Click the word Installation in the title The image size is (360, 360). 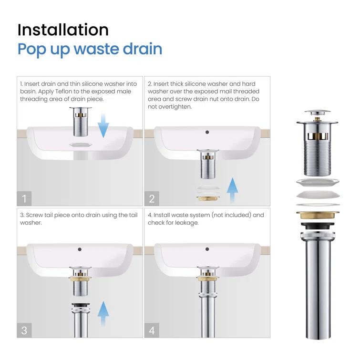click(x=63, y=30)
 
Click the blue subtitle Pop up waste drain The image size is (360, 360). click(x=90, y=49)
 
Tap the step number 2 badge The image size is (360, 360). click(x=152, y=198)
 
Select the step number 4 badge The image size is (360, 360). click(x=152, y=329)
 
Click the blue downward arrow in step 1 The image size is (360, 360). click(x=103, y=123)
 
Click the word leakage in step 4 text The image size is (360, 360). click(x=185, y=223)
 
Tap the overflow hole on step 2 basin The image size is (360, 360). click(x=206, y=132)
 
